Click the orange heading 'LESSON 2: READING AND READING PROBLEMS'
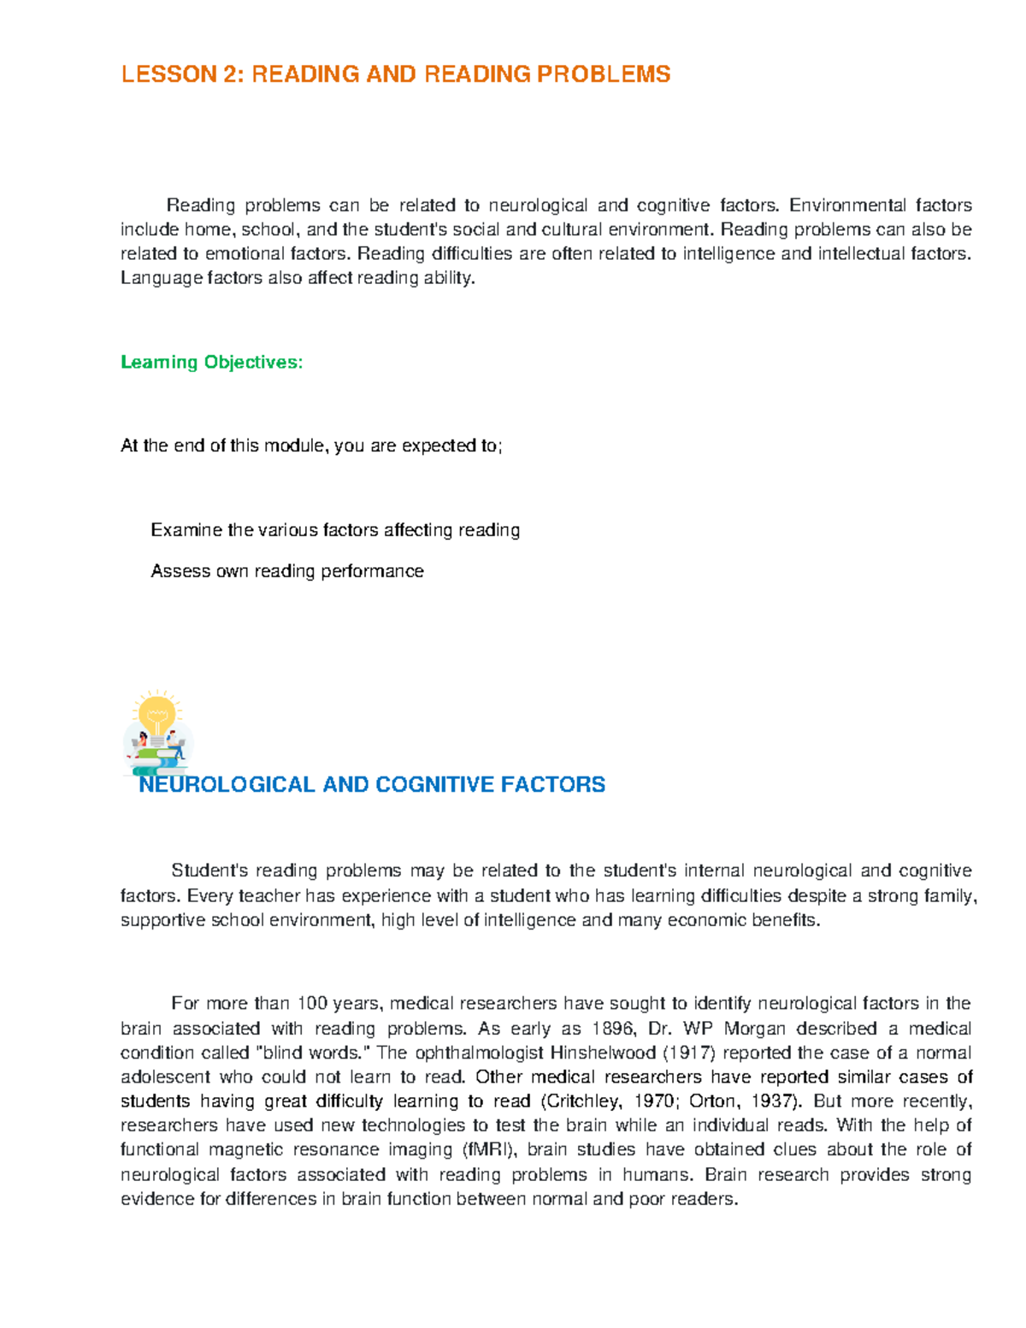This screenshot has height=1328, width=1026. tap(395, 74)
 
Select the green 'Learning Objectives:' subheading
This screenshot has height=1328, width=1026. tap(211, 363)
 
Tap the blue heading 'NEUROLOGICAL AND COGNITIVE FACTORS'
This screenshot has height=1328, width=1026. tap(372, 784)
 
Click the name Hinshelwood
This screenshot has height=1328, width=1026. tap(603, 1053)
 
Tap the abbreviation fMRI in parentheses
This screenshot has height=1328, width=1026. tap(489, 1149)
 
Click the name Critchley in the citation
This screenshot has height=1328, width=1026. tap(580, 1101)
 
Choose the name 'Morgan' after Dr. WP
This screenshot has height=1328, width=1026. tap(754, 1029)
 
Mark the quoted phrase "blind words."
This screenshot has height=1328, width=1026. tap(307, 1053)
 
